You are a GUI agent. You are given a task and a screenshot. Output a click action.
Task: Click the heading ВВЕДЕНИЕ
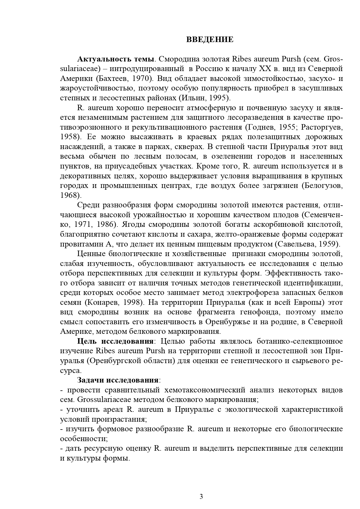[x=209, y=40]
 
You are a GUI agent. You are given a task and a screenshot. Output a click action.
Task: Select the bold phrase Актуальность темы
[x=115, y=59]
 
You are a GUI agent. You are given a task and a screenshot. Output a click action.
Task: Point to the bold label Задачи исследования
[x=118, y=380]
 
